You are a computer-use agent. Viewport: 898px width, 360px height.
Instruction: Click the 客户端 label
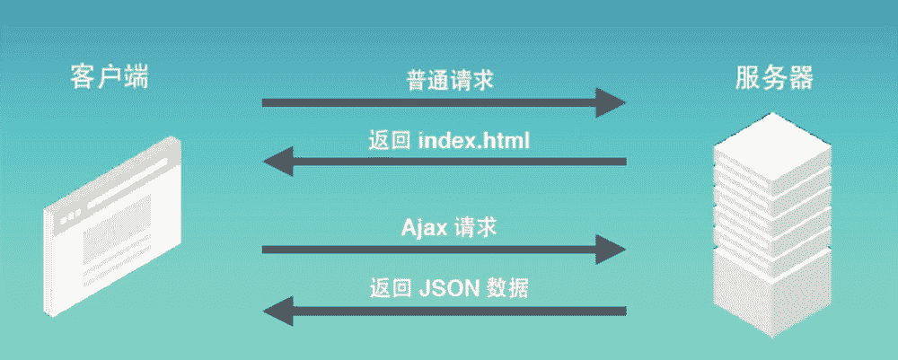coord(109,78)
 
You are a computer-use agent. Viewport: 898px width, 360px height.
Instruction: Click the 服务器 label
coord(773,78)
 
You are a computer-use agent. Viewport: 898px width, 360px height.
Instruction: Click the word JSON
coord(449,289)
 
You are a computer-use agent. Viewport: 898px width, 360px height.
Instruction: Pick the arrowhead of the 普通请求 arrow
coord(612,102)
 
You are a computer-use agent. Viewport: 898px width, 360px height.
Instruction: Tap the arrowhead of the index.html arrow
coord(276,162)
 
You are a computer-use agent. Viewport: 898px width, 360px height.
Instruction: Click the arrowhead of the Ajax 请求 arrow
coord(612,248)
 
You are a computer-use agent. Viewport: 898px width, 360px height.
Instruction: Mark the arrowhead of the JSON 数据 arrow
coord(276,311)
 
